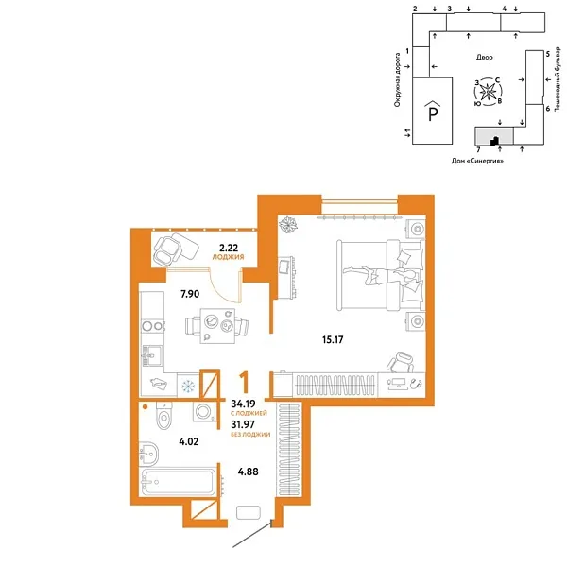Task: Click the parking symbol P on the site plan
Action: click(x=434, y=114)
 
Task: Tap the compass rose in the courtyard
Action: click(x=490, y=92)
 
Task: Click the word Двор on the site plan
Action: click(x=484, y=58)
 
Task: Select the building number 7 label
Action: click(x=479, y=149)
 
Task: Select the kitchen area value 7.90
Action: click(x=190, y=294)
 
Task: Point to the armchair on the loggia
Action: click(x=171, y=249)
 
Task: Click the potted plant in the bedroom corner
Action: click(x=288, y=225)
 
